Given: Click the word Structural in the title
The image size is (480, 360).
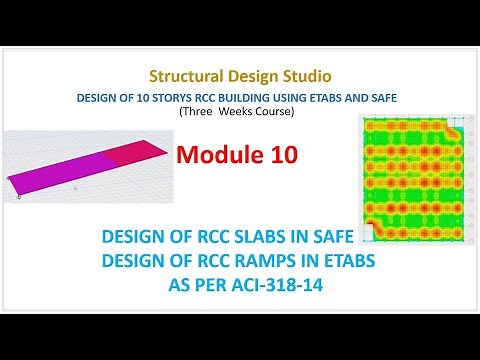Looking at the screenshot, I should pos(182,76).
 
